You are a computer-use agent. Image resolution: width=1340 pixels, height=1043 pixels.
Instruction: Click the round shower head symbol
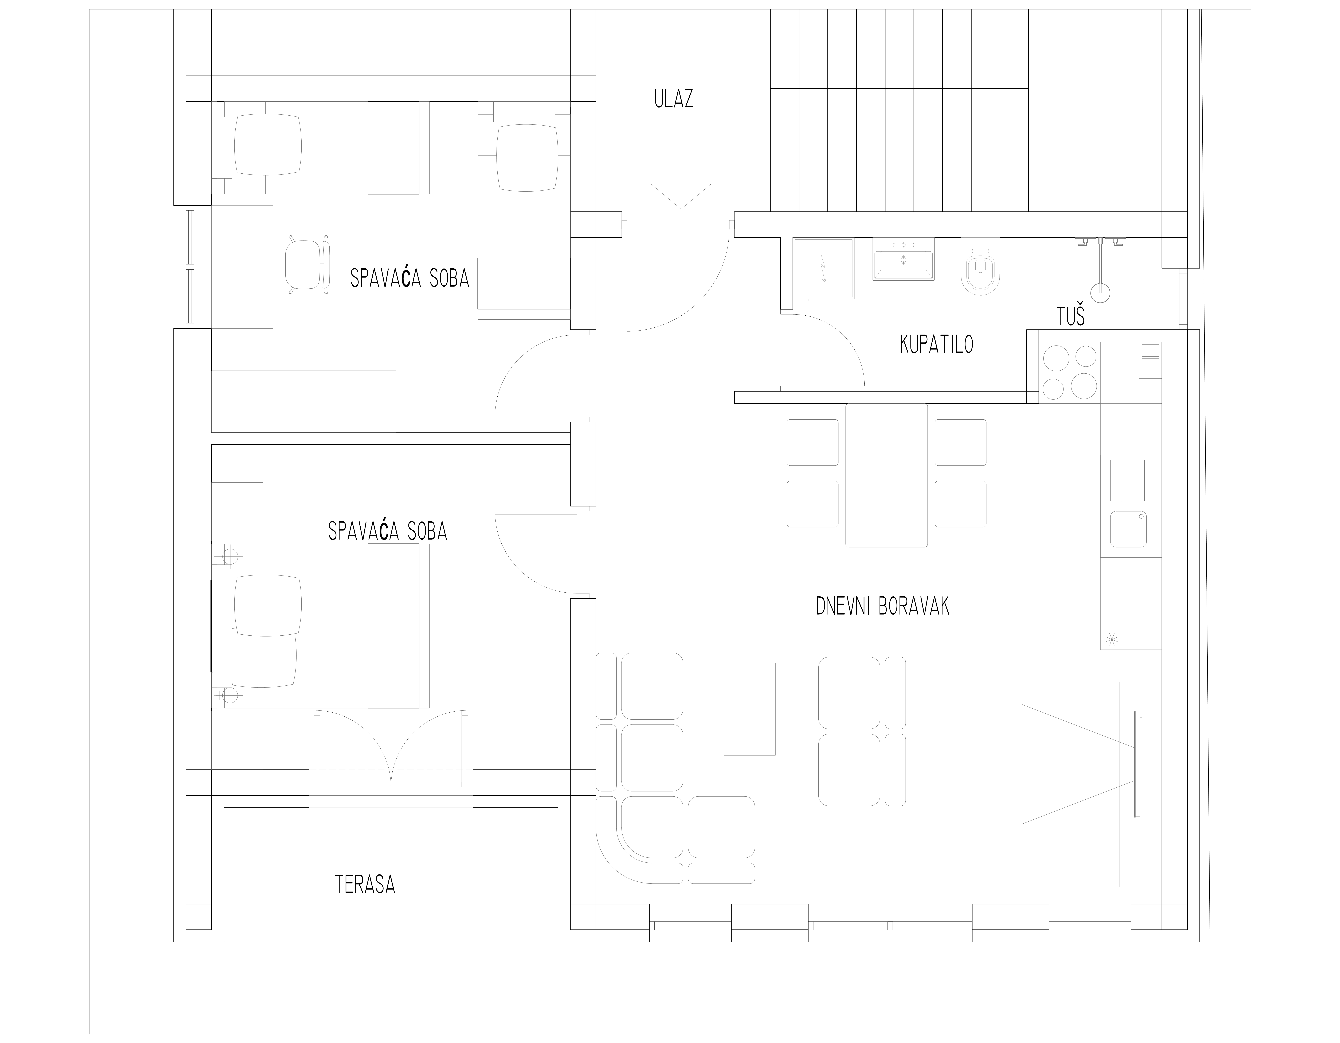[x=1100, y=292]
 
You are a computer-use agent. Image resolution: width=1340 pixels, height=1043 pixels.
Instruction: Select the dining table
[x=887, y=475]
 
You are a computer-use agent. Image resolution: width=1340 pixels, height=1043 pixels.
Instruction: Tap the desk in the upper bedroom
[x=242, y=266]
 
